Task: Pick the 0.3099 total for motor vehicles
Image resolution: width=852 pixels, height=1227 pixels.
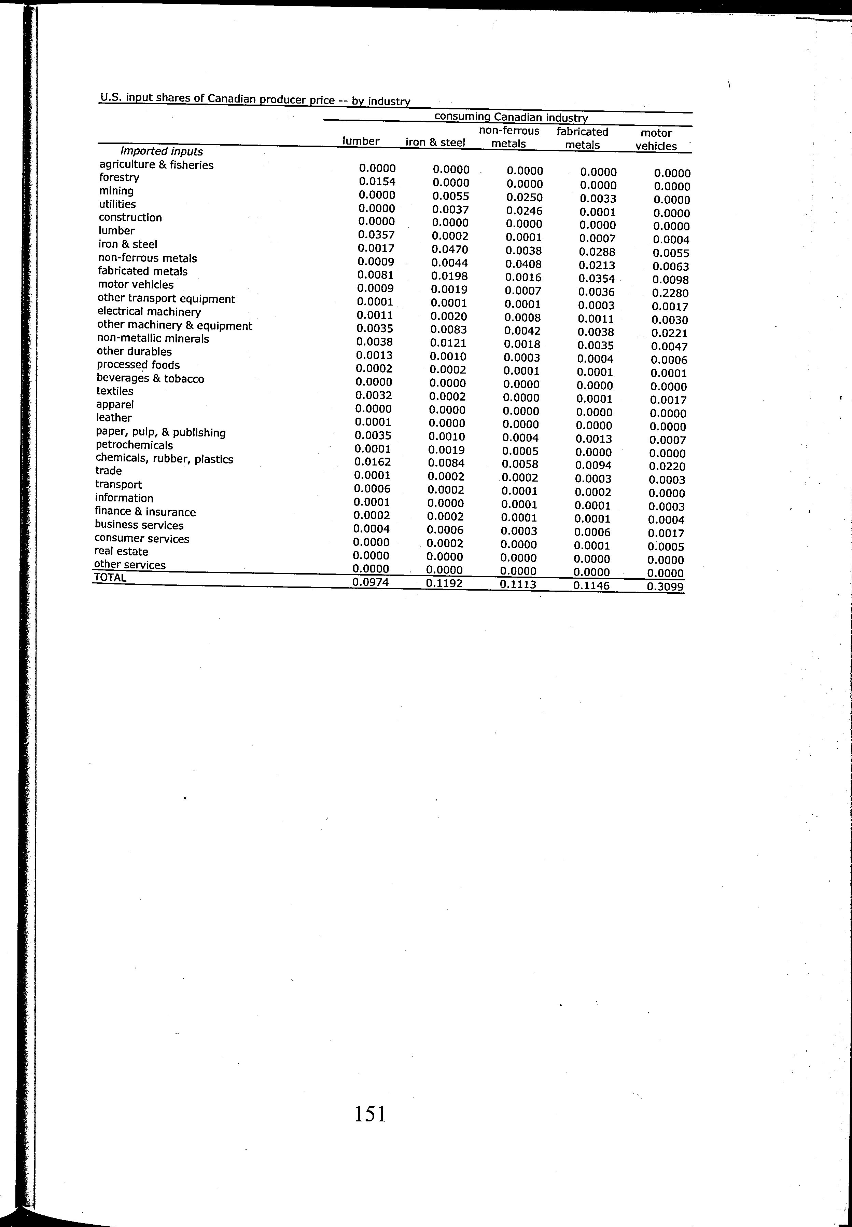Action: [x=665, y=586]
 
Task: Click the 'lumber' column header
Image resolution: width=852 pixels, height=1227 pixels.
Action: [x=361, y=141]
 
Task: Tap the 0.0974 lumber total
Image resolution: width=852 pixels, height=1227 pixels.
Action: [x=371, y=582]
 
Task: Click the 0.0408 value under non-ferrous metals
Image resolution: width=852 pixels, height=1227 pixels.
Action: [x=524, y=264]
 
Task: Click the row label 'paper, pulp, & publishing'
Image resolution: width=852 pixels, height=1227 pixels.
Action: [x=161, y=432]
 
